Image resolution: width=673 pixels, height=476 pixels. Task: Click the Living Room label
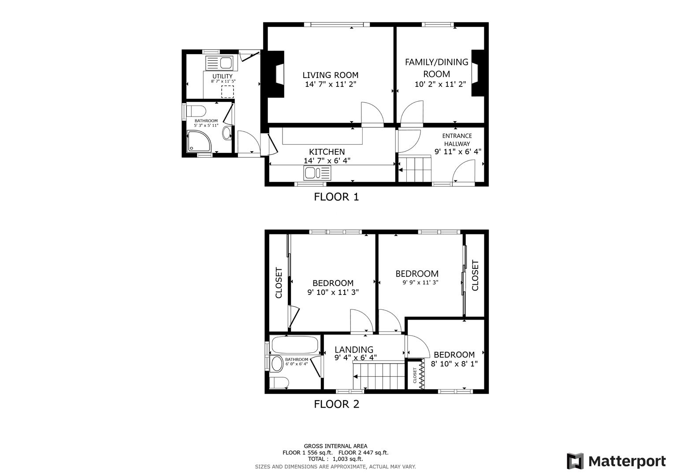click(x=330, y=75)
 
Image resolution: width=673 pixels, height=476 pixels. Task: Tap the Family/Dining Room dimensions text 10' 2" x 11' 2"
click(x=440, y=84)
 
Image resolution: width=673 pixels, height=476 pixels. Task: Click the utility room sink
click(x=219, y=63)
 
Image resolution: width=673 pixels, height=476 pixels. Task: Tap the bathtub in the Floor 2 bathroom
click(x=295, y=345)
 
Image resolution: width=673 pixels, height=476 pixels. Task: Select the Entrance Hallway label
click(x=457, y=140)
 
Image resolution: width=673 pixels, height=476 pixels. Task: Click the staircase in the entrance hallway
click(x=415, y=169)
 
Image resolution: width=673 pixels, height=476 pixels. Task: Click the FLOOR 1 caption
click(x=336, y=197)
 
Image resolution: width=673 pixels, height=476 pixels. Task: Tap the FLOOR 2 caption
click(x=336, y=404)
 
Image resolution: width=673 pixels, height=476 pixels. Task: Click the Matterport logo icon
click(x=575, y=461)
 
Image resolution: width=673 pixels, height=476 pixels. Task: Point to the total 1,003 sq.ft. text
click(x=335, y=459)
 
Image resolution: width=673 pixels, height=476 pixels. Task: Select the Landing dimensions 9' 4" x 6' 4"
click(x=355, y=358)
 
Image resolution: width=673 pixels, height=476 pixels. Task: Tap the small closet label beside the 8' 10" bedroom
click(x=415, y=376)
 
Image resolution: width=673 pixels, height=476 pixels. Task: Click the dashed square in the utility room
click(x=227, y=92)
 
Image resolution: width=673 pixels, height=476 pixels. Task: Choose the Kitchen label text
click(x=327, y=152)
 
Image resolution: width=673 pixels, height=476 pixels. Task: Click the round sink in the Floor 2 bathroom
click(x=277, y=364)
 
